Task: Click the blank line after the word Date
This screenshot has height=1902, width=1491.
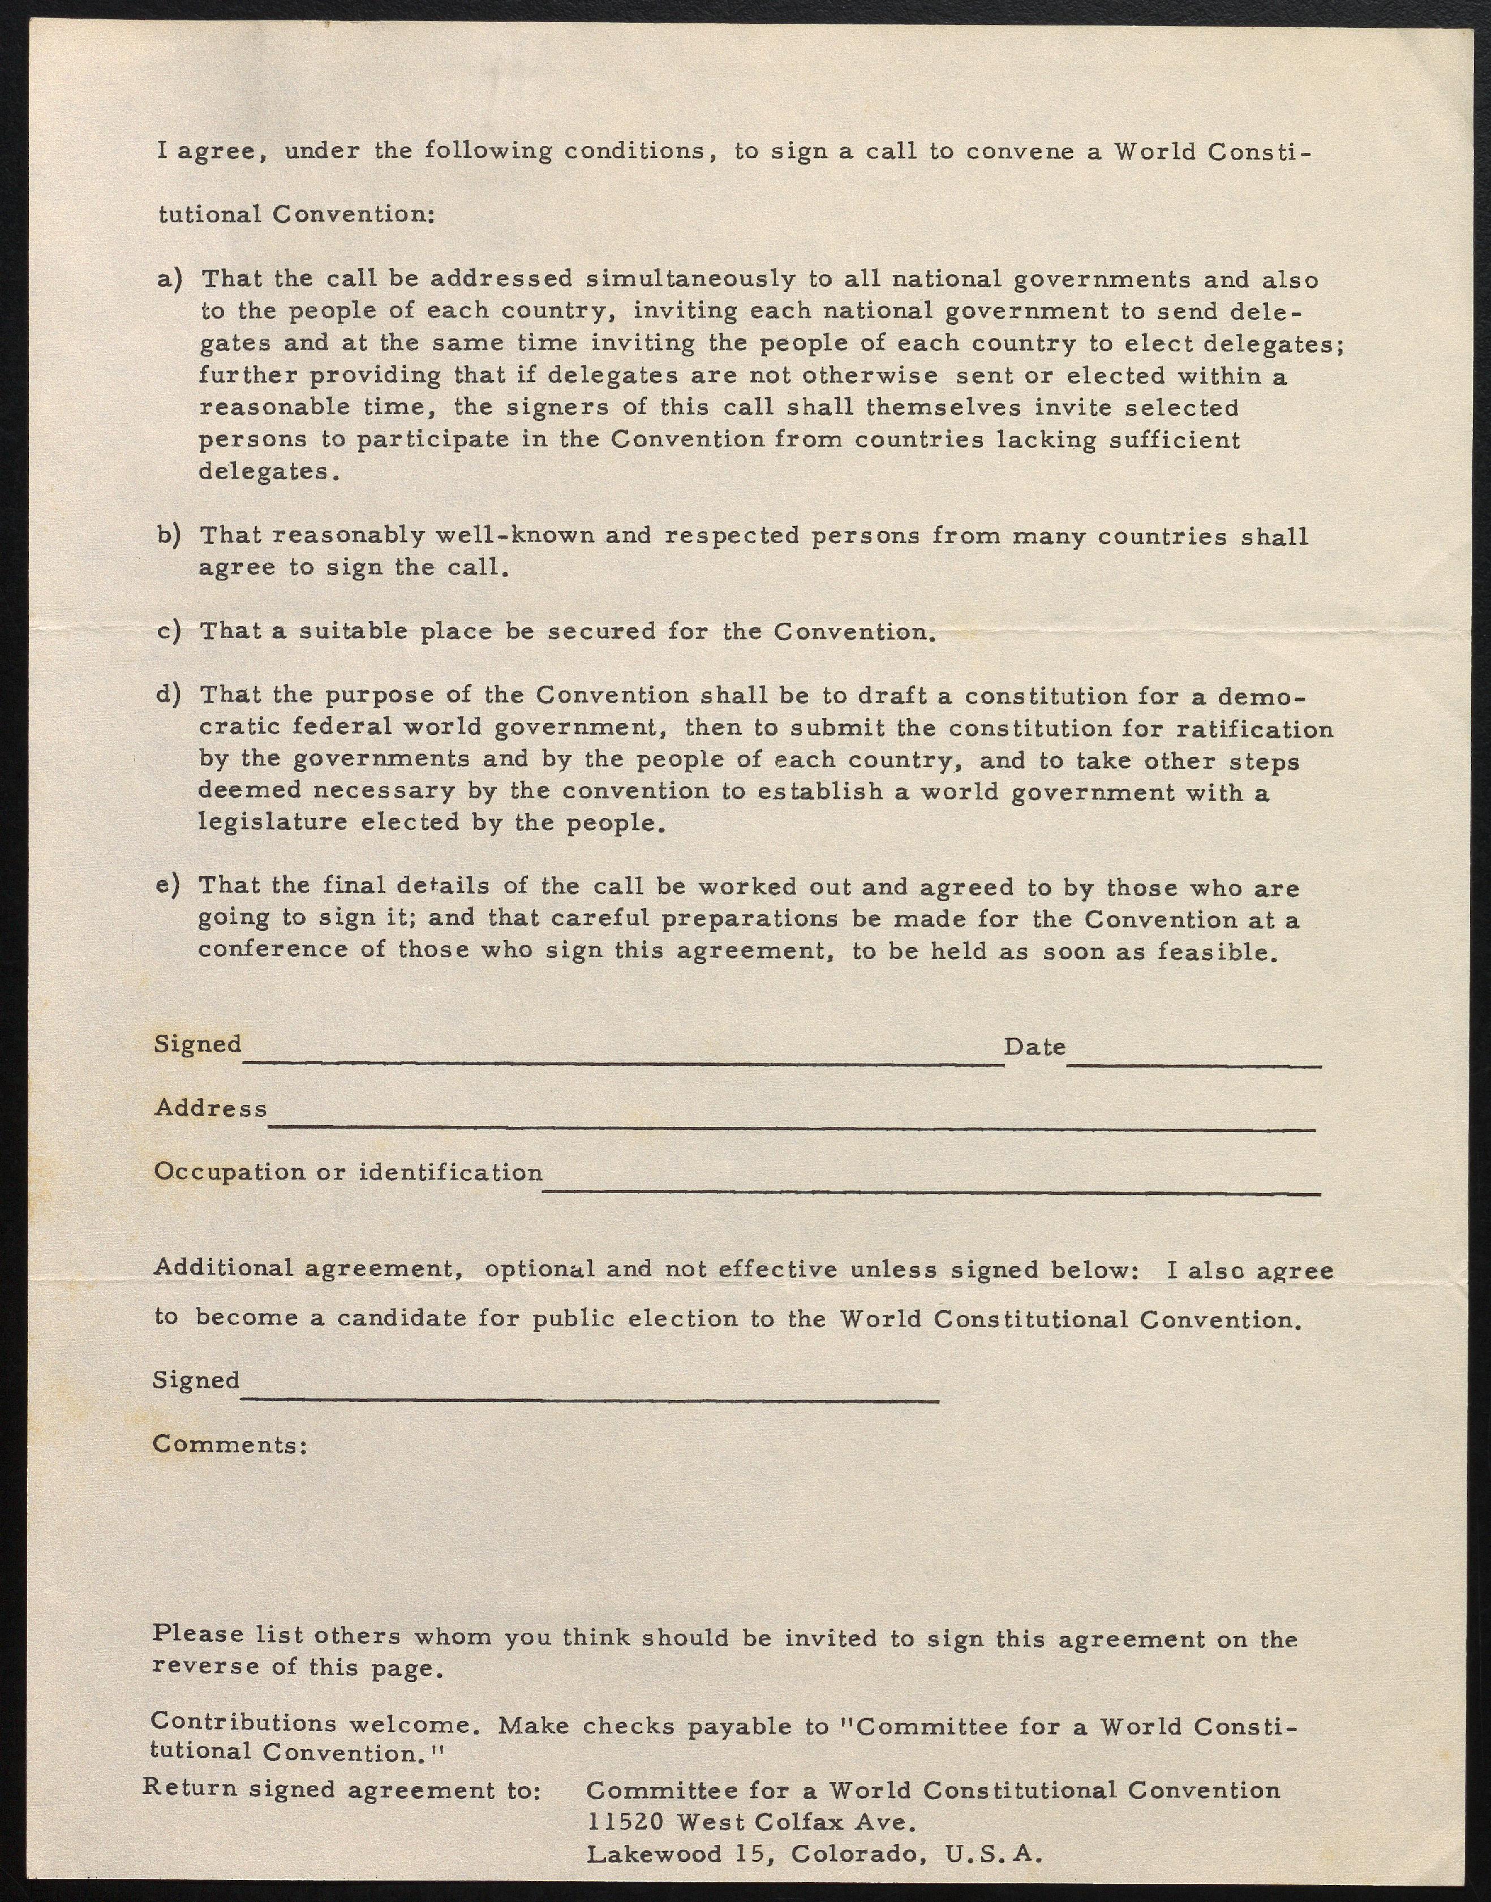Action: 1193,1065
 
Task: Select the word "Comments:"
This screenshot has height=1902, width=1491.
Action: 230,1445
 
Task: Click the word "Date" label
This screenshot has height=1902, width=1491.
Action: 1034,1047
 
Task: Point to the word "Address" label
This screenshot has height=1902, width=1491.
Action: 211,1108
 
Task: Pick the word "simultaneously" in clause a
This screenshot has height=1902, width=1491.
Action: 691,279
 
